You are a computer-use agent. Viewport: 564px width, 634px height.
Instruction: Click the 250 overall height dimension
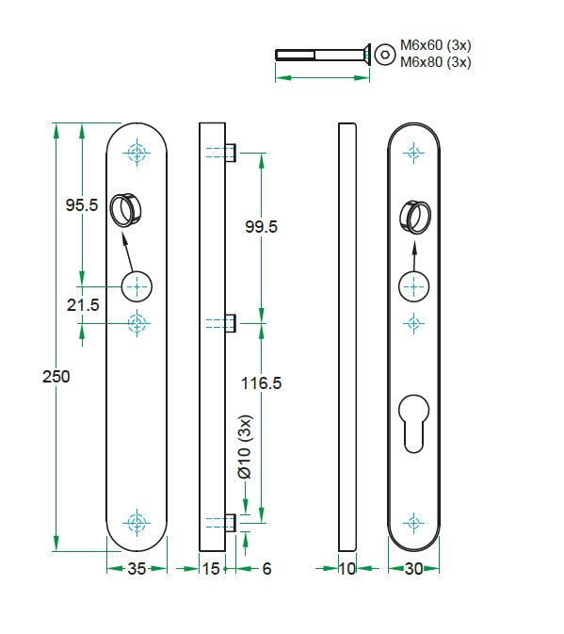pyautogui.click(x=56, y=376)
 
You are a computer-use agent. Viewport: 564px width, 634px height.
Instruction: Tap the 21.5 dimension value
pyautogui.click(x=82, y=304)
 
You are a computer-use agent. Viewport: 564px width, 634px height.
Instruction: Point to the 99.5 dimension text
pyautogui.click(x=260, y=227)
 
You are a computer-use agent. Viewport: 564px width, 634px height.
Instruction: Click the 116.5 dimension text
pyautogui.click(x=262, y=383)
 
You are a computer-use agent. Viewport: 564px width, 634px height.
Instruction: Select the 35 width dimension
pyautogui.click(x=137, y=569)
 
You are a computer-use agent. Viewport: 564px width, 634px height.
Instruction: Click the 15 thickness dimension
pyautogui.click(x=211, y=569)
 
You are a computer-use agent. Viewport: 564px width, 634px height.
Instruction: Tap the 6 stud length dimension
pyautogui.click(x=266, y=569)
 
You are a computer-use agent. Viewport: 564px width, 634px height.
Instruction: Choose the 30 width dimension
pyautogui.click(x=414, y=569)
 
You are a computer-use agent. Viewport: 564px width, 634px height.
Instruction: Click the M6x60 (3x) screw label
pyautogui.click(x=435, y=44)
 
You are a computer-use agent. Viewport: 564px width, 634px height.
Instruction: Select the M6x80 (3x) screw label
pyautogui.click(x=435, y=62)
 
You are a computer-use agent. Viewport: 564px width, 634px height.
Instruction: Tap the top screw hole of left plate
pyautogui.click(x=137, y=153)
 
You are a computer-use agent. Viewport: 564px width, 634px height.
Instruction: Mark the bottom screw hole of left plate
pyautogui.click(x=137, y=522)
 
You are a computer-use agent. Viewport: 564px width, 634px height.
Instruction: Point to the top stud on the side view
pyautogui.click(x=231, y=153)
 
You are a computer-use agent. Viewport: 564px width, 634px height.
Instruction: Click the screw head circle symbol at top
pyautogui.click(x=383, y=55)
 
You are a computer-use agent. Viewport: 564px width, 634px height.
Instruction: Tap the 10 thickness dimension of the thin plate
pyautogui.click(x=347, y=569)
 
